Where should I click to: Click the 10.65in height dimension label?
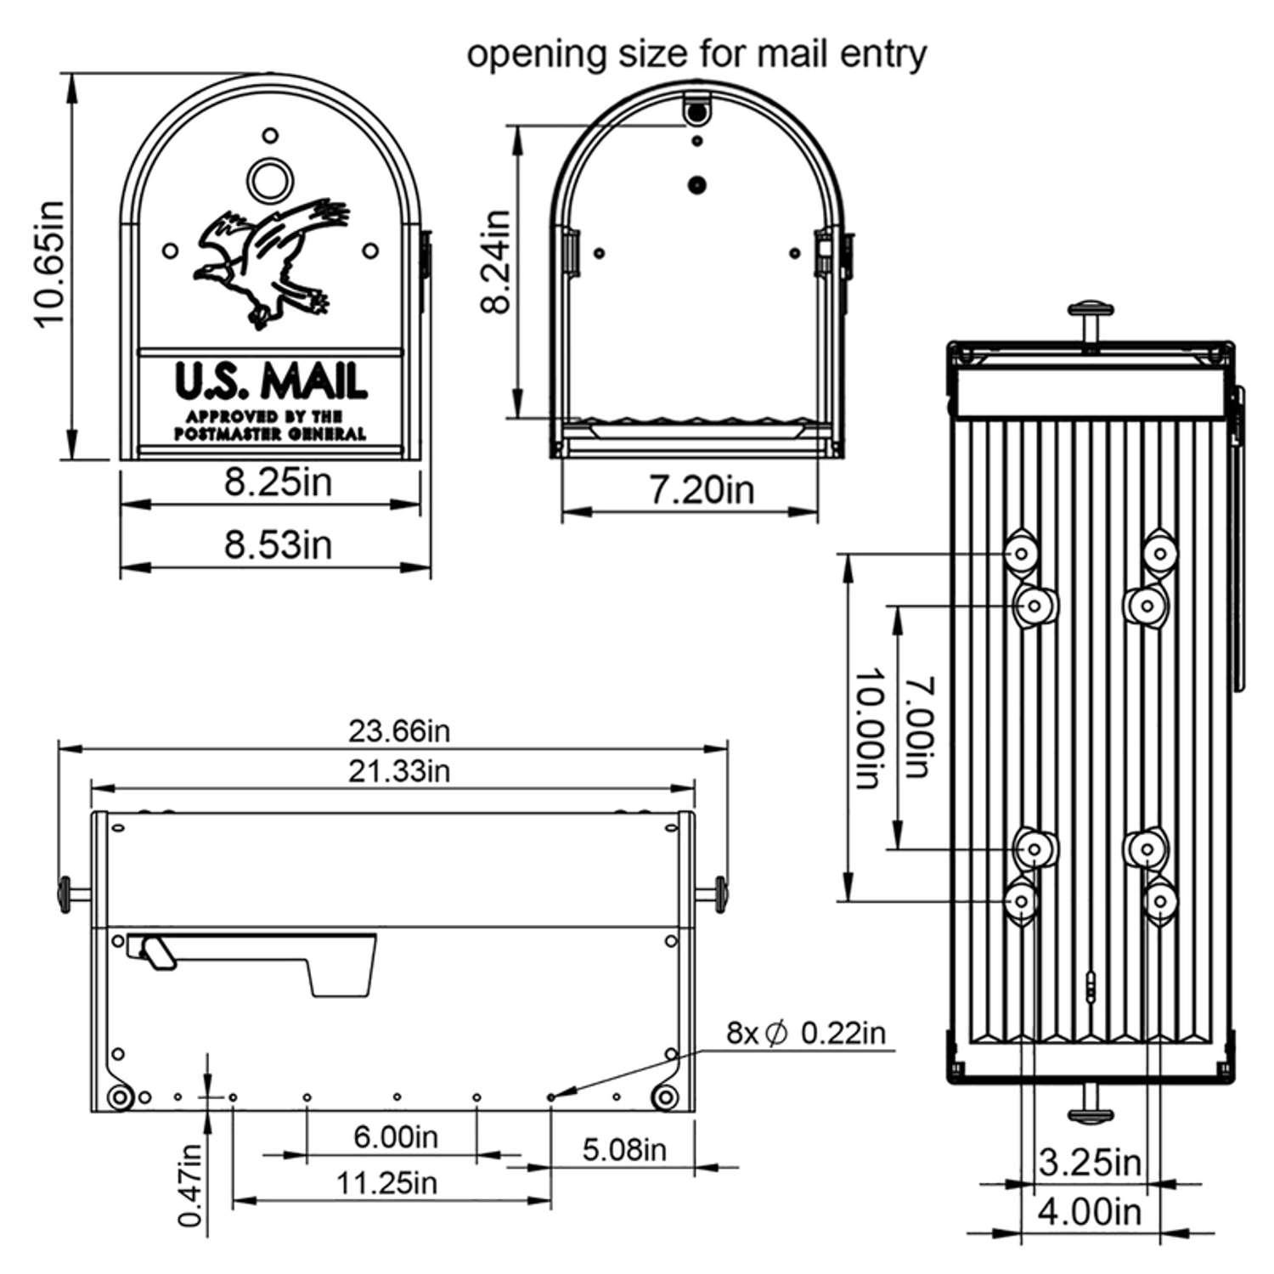[x=48, y=263]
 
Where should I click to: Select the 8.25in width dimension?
[x=278, y=482]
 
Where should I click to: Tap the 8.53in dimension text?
[x=278, y=544]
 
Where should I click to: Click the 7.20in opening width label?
[x=702, y=490]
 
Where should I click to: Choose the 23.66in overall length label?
[x=398, y=730]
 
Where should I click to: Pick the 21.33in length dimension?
[x=398, y=771]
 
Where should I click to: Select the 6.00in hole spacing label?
[x=395, y=1136]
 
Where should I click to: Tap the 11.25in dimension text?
[x=386, y=1182]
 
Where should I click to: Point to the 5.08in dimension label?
[x=624, y=1150]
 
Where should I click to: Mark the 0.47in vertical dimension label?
[x=192, y=1185]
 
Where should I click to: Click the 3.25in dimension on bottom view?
[x=1090, y=1162]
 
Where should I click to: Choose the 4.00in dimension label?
[x=1090, y=1212]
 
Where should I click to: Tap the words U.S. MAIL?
[x=270, y=381]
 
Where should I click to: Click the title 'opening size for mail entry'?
[x=696, y=54]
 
